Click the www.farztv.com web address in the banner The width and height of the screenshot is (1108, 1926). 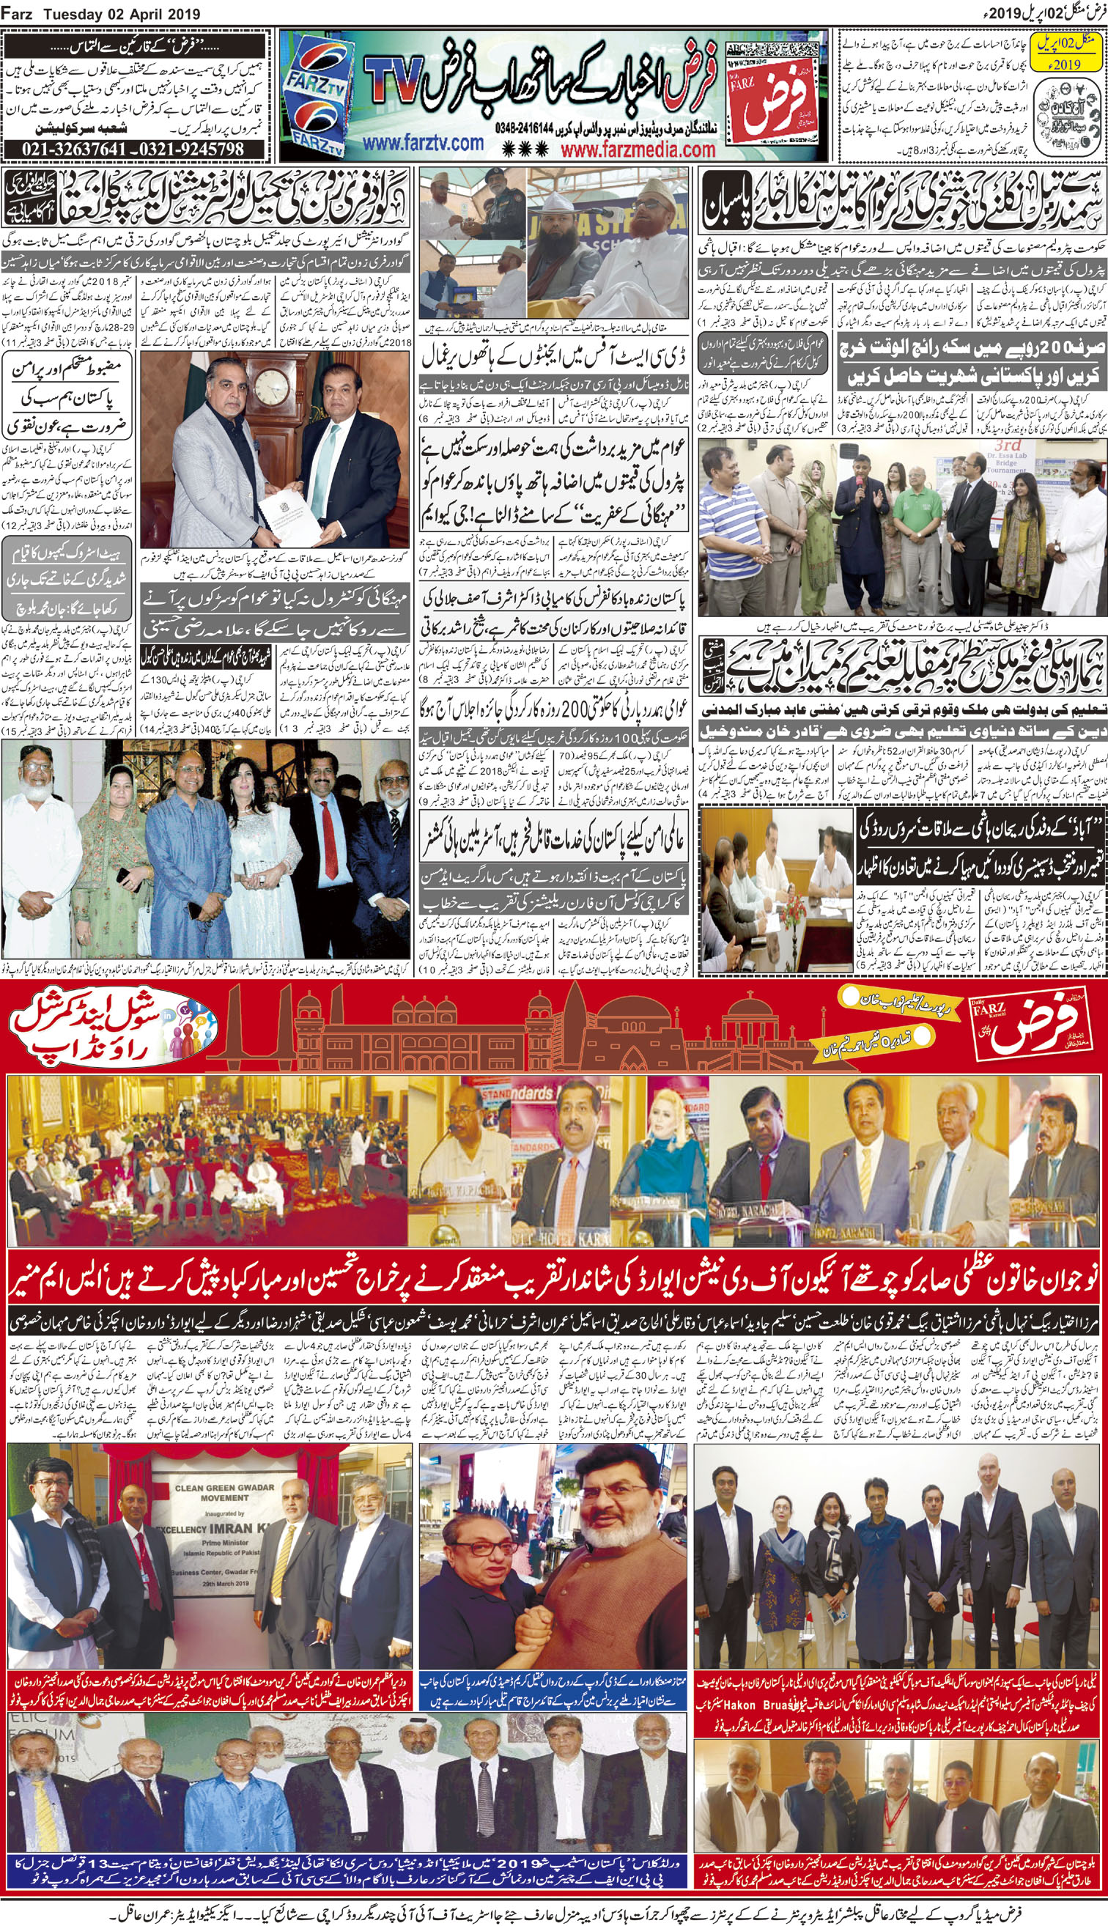coord(422,144)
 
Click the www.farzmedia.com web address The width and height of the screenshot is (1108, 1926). coord(638,150)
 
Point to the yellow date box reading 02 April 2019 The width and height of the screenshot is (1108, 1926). coord(1075,53)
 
